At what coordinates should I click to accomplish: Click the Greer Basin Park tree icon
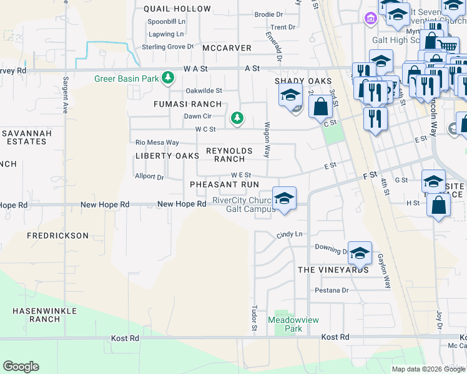167,79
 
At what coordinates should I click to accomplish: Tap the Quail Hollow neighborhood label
177,9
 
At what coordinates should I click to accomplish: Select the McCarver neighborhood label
226,48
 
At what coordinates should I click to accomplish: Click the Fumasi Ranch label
188,104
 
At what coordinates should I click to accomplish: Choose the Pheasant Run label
224,185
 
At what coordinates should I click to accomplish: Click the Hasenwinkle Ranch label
44,314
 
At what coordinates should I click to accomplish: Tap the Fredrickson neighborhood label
57,236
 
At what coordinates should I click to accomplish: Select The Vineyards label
333,270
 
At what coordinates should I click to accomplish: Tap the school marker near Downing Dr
360,252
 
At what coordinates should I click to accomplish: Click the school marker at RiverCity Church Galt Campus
284,199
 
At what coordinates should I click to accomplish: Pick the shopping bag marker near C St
320,107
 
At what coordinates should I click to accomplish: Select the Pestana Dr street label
332,290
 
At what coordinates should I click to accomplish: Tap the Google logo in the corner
21,367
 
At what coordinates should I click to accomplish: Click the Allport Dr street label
149,176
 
